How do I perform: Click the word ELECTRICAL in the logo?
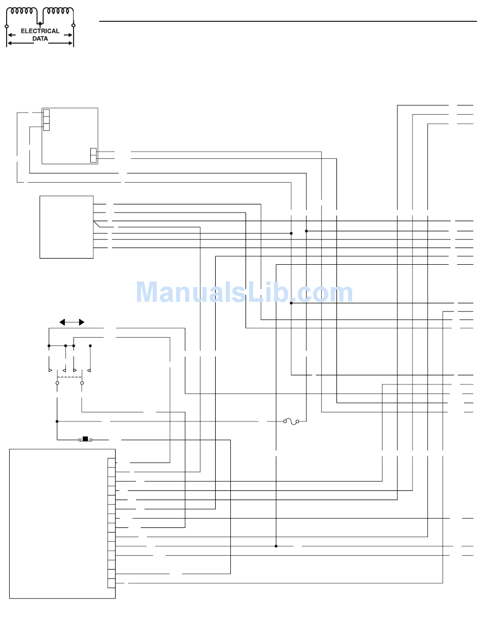tap(40, 31)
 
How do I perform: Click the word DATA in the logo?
tap(40, 39)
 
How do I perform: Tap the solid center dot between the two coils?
tap(40, 23)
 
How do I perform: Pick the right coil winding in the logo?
tap(58, 11)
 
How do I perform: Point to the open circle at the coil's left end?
tap(7, 25)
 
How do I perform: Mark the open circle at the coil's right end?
tap(74, 25)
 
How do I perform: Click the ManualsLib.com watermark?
tap(244, 293)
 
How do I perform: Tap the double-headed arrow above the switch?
tap(72, 322)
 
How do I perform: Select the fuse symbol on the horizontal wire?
tap(291, 421)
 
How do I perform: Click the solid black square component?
tap(85, 439)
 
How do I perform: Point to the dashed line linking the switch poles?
tap(70, 377)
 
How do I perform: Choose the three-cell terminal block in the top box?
tap(46, 120)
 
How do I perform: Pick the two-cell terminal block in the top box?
tap(93, 155)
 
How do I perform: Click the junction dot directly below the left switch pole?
tap(57, 421)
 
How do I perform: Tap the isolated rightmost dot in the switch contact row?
tap(90, 346)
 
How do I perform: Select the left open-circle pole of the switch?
tap(57, 383)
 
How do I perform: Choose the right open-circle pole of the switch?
tap(82, 383)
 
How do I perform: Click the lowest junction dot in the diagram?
tap(276, 546)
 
